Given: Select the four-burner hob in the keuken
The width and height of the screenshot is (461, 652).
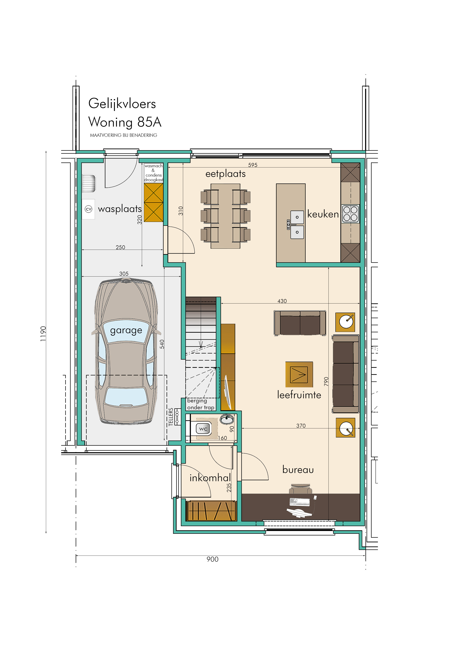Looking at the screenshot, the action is coord(350,214).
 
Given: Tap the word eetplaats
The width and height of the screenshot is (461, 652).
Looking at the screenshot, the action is coord(225,174).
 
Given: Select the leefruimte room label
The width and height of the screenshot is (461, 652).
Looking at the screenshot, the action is coord(299,395).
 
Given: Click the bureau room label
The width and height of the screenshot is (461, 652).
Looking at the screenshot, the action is coord(298,470).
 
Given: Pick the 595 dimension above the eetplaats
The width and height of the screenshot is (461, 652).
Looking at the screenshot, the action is coord(252,165).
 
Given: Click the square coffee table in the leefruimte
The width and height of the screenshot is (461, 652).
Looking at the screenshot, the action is coord(299,374).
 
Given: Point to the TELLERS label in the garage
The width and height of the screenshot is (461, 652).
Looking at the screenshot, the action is coord(171,417).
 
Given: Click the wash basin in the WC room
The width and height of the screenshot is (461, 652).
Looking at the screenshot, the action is coord(227,419).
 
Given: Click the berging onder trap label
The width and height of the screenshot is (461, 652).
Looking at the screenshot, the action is coord(201,404).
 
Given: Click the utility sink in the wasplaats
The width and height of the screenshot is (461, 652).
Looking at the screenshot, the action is coord(89,183).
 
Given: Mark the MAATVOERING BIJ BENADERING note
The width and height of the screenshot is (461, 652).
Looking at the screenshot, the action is coord(124,135).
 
